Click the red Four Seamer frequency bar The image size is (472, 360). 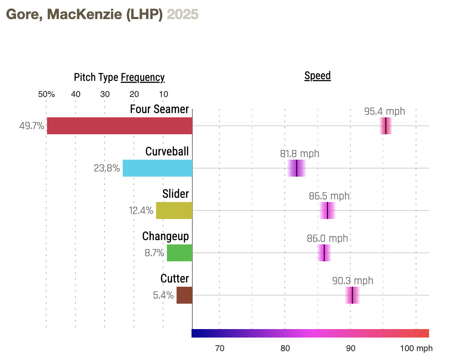pos(119,126)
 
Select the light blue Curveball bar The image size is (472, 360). pos(157,168)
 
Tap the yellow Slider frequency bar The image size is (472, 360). pos(174,210)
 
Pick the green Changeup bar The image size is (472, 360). pos(179,253)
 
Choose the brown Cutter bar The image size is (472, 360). pos(184,295)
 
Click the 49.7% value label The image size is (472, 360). pos(31,126)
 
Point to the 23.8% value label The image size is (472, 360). pos(106,168)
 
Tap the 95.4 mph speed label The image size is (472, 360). pos(384,111)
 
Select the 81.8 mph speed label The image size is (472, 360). pos(300,154)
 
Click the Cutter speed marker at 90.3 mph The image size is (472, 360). pos(352,295)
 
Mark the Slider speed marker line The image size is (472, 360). pos(328,210)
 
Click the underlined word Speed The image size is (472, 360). pos(317,76)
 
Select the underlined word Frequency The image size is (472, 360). pos(142,78)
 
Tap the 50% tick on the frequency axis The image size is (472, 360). pos(46,94)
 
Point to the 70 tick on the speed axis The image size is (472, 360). pos(219,349)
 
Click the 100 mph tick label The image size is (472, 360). pos(416,349)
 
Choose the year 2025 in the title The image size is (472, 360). pos(183,14)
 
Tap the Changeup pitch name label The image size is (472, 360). pos(165,236)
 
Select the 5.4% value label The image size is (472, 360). pos(163,295)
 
